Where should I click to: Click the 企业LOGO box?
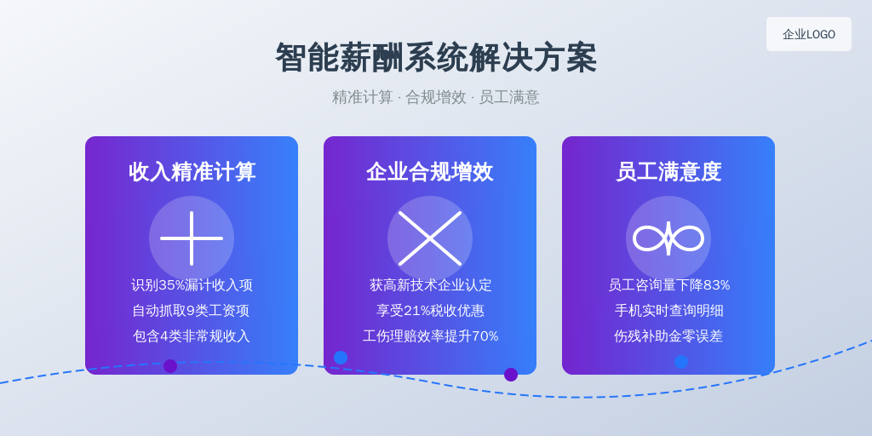point(809,34)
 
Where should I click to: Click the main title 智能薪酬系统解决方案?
point(436,57)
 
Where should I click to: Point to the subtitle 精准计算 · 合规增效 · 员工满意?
point(436,97)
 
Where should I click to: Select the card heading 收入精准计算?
point(192,172)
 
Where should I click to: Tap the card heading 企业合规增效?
point(430,172)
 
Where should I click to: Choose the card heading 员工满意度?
point(668,172)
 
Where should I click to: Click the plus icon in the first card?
point(192,238)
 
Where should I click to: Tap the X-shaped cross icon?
point(430,238)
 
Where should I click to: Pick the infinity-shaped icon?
point(668,238)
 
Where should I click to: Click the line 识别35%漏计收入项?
point(192,285)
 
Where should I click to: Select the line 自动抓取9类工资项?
point(191,310)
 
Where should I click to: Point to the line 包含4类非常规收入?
point(192,336)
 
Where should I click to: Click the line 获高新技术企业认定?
point(430,285)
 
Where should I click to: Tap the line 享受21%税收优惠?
point(430,310)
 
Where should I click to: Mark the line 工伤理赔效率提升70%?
point(430,336)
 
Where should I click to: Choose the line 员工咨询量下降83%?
point(669,285)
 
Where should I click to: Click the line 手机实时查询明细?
point(669,310)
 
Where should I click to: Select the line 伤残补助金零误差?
point(668,336)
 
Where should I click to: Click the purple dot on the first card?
point(170,366)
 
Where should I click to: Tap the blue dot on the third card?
point(681,361)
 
